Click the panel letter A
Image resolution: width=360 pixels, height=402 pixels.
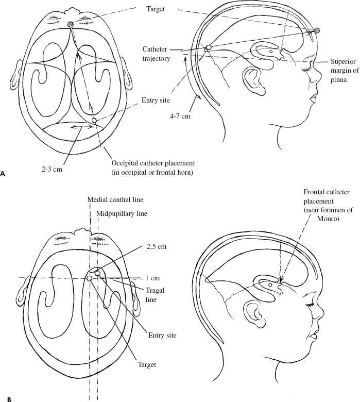(4, 174)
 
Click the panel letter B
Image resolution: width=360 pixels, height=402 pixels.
(4, 398)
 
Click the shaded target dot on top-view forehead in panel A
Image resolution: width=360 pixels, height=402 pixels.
(71, 24)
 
